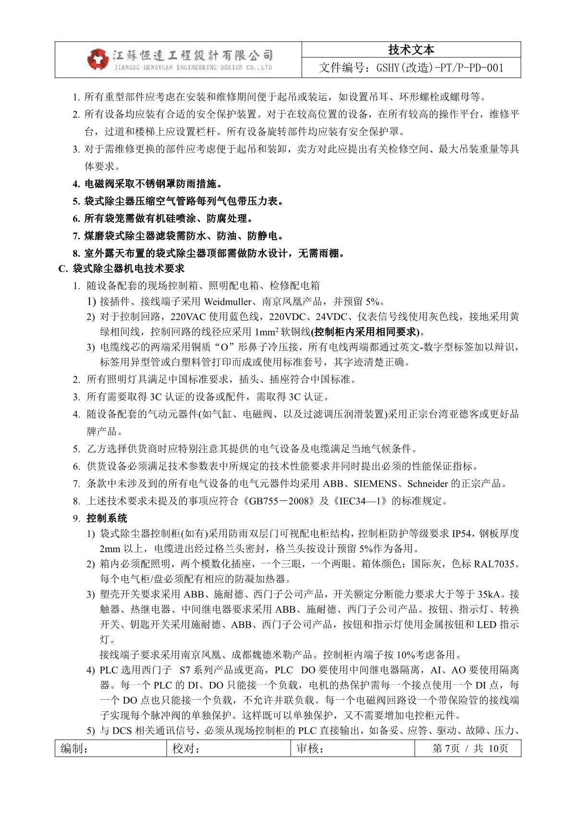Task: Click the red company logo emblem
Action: (x=98, y=59)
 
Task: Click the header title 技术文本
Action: (x=411, y=49)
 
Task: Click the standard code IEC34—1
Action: (x=361, y=501)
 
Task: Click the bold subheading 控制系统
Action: (x=107, y=519)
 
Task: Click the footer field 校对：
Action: (x=186, y=749)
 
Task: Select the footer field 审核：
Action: (x=310, y=749)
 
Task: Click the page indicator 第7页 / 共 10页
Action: (x=470, y=749)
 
